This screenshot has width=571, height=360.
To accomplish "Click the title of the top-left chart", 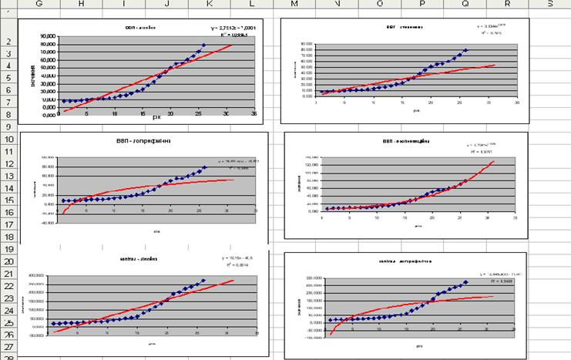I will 140,25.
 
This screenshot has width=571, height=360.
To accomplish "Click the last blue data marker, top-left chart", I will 203,45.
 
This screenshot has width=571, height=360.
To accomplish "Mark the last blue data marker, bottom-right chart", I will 465,282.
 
